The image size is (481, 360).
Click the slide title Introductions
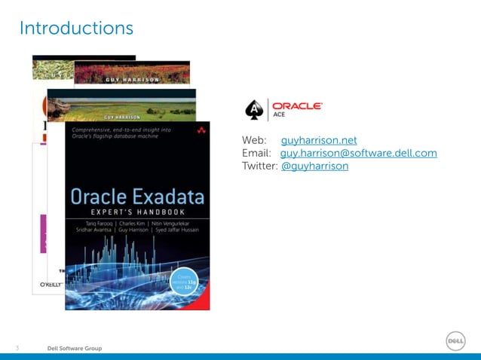76,29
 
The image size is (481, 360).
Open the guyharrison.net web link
319,141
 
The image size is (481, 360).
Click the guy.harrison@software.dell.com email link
358,154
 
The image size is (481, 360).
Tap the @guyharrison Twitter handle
314,166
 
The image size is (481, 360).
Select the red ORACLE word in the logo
297,106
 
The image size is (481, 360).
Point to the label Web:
254,141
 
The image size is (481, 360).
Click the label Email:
256,154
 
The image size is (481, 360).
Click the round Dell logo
455,340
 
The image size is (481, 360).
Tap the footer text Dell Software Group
75,349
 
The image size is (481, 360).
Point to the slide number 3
18,349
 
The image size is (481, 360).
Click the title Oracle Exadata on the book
137,197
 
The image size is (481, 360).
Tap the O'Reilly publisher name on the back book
47,285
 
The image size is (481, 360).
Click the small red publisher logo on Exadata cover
201,131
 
